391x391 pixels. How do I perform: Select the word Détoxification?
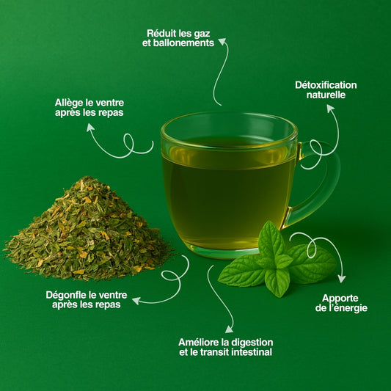pyautogui.click(x=326, y=85)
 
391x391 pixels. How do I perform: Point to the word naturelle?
pyautogui.click(x=326, y=95)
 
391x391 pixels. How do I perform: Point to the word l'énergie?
pyautogui.click(x=348, y=308)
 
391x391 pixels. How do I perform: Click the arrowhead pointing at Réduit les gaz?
pyautogui.click(x=222, y=41)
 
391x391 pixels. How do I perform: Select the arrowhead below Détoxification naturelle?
pyautogui.click(x=330, y=108)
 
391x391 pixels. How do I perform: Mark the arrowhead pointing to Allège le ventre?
pyautogui.click(x=90, y=128)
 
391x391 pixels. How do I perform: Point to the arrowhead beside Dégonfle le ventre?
pyautogui.click(x=136, y=301)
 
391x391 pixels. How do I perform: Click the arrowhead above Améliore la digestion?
pyautogui.click(x=229, y=329)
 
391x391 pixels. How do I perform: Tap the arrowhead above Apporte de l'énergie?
pyautogui.click(x=342, y=279)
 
